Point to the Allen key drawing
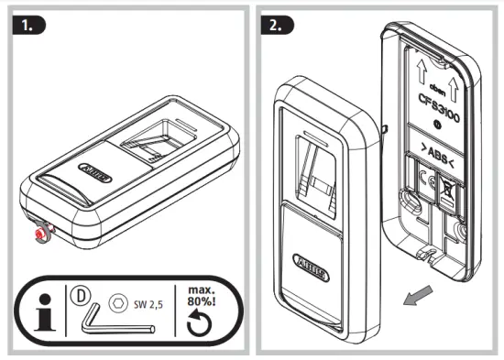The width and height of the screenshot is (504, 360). click(93, 321)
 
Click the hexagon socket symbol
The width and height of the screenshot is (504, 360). click(116, 300)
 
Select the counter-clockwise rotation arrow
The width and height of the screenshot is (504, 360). click(202, 322)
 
